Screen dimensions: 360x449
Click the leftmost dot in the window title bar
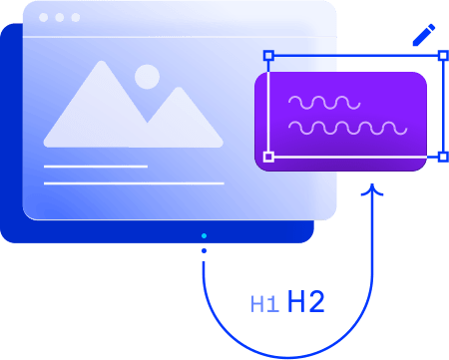44,18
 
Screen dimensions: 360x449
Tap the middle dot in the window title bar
59,18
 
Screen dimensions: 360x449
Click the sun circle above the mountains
147,77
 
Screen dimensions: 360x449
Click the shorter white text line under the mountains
96,167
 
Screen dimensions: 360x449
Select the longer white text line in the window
134,183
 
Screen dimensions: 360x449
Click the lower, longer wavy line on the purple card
346,128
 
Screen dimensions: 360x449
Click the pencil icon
423,35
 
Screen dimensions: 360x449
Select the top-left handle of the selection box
267,56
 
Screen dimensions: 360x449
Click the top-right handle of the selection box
443,56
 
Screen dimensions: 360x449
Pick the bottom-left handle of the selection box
267,157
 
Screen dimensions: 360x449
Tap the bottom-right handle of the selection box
443,157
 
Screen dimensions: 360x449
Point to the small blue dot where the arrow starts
204,236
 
